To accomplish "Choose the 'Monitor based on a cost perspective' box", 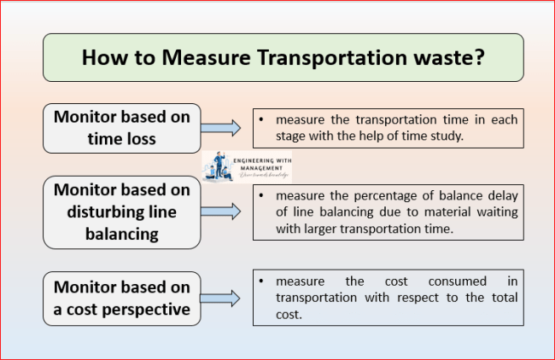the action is [x=122, y=299].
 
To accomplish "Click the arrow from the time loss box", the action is [x=224, y=128].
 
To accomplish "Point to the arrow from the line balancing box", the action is [x=224, y=209].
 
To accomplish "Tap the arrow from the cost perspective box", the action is [x=224, y=299].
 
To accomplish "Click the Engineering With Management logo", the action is [x=247, y=166].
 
